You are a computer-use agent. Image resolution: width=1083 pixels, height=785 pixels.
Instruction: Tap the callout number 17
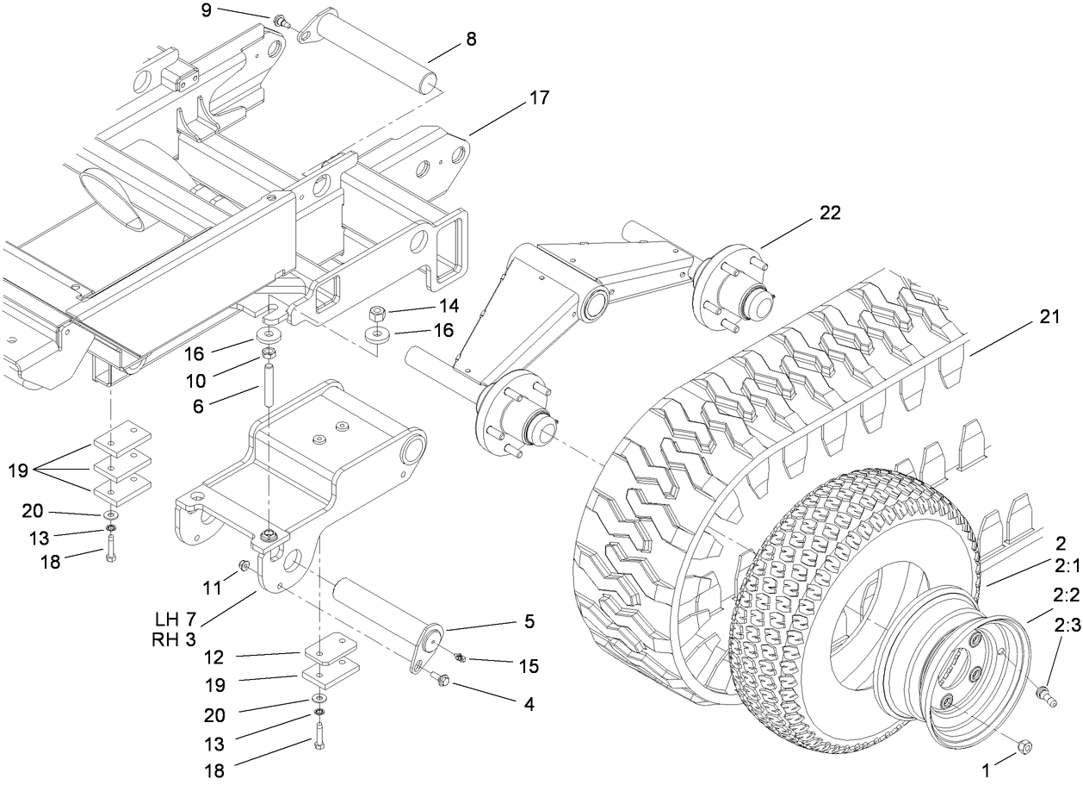click(x=538, y=98)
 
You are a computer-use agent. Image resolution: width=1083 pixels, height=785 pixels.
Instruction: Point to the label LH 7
click(x=177, y=620)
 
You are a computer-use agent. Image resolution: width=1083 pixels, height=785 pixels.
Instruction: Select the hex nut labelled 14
click(x=377, y=313)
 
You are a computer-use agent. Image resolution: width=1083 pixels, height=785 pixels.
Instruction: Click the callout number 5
click(x=529, y=620)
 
